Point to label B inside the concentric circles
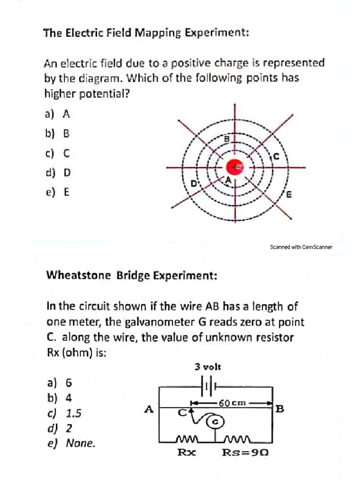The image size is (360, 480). [x=227, y=139]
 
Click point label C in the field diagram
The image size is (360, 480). [x=277, y=157]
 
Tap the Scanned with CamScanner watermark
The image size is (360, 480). [x=301, y=247]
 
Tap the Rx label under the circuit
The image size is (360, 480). [x=186, y=453]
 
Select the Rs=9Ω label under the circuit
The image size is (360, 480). [x=245, y=453]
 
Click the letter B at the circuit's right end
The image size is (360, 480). [x=280, y=409]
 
